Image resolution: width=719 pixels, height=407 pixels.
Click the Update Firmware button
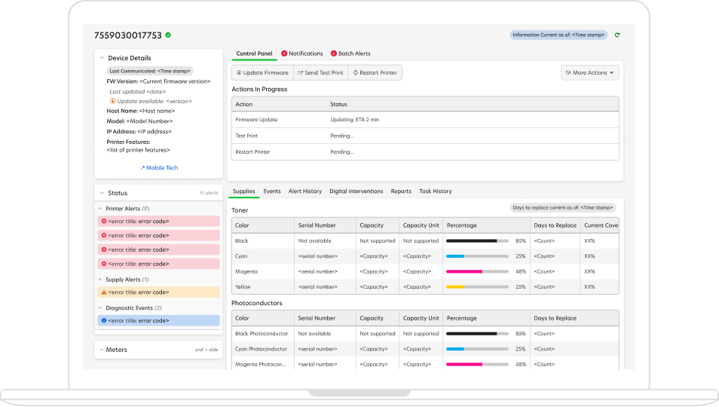click(x=262, y=73)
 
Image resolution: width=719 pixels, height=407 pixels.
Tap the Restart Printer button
click(x=375, y=73)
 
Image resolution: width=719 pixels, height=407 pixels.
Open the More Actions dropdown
click(x=590, y=73)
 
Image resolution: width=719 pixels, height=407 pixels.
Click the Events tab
click(x=272, y=191)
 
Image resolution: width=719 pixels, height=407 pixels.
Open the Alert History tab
click(x=305, y=191)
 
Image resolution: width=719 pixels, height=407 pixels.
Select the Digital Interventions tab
click(x=356, y=191)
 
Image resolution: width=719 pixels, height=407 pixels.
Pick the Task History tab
click(x=436, y=191)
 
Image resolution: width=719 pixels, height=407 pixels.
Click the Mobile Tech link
click(x=159, y=168)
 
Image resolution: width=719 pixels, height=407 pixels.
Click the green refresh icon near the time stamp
click(x=617, y=35)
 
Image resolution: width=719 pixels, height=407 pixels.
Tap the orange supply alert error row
click(x=158, y=292)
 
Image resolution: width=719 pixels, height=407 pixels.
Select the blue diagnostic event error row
click(x=158, y=320)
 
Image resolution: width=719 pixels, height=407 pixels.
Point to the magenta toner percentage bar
click(x=476, y=271)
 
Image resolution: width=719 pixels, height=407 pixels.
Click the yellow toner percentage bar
click(x=476, y=286)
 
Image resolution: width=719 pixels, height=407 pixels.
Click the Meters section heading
click(x=117, y=350)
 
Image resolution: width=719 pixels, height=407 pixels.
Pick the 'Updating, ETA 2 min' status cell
click(x=354, y=120)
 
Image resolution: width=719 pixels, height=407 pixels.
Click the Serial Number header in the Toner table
click(x=317, y=225)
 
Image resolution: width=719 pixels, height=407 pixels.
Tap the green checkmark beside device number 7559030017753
click(x=168, y=35)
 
